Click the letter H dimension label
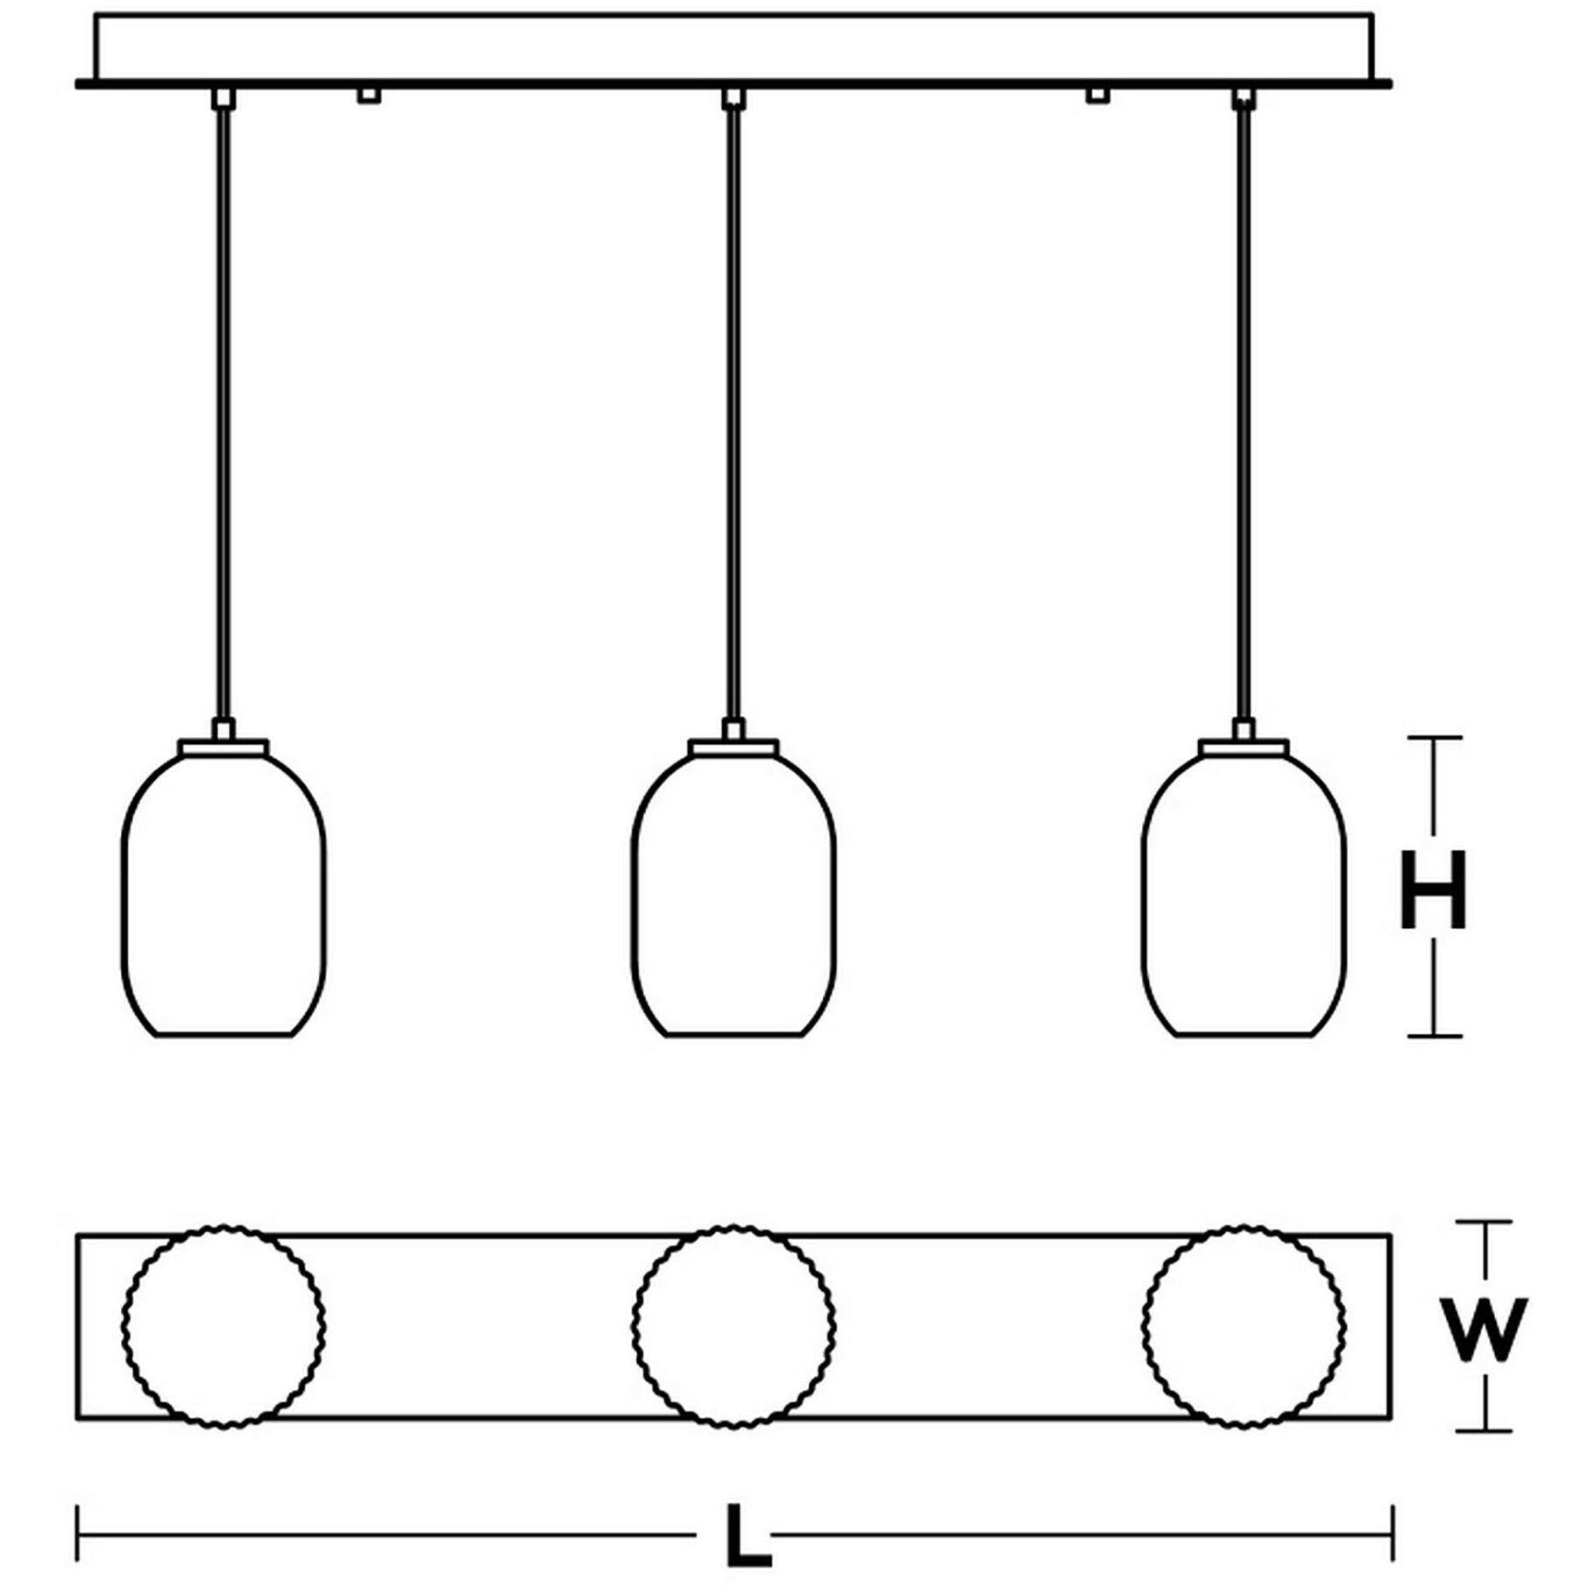pyautogui.click(x=1433, y=890)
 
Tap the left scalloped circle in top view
pyautogui.click(x=223, y=1327)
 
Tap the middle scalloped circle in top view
pyautogui.click(x=734, y=1327)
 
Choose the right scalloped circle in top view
pyautogui.click(x=1244, y=1327)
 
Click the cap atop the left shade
pyautogui.click(x=223, y=747)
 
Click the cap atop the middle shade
pyautogui.click(x=734, y=747)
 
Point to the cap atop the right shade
pyautogui.click(x=1244, y=747)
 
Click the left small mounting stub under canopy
pyautogui.click(x=368, y=95)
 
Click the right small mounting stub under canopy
pyautogui.click(x=1097, y=95)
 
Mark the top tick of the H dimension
pyautogui.click(x=1434, y=738)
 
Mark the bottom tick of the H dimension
pyautogui.click(x=1434, y=1036)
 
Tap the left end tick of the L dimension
pyautogui.click(x=78, y=1534)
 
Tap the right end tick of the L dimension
pyautogui.click(x=1393, y=1534)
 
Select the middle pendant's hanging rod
pyautogui.click(x=734, y=412)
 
